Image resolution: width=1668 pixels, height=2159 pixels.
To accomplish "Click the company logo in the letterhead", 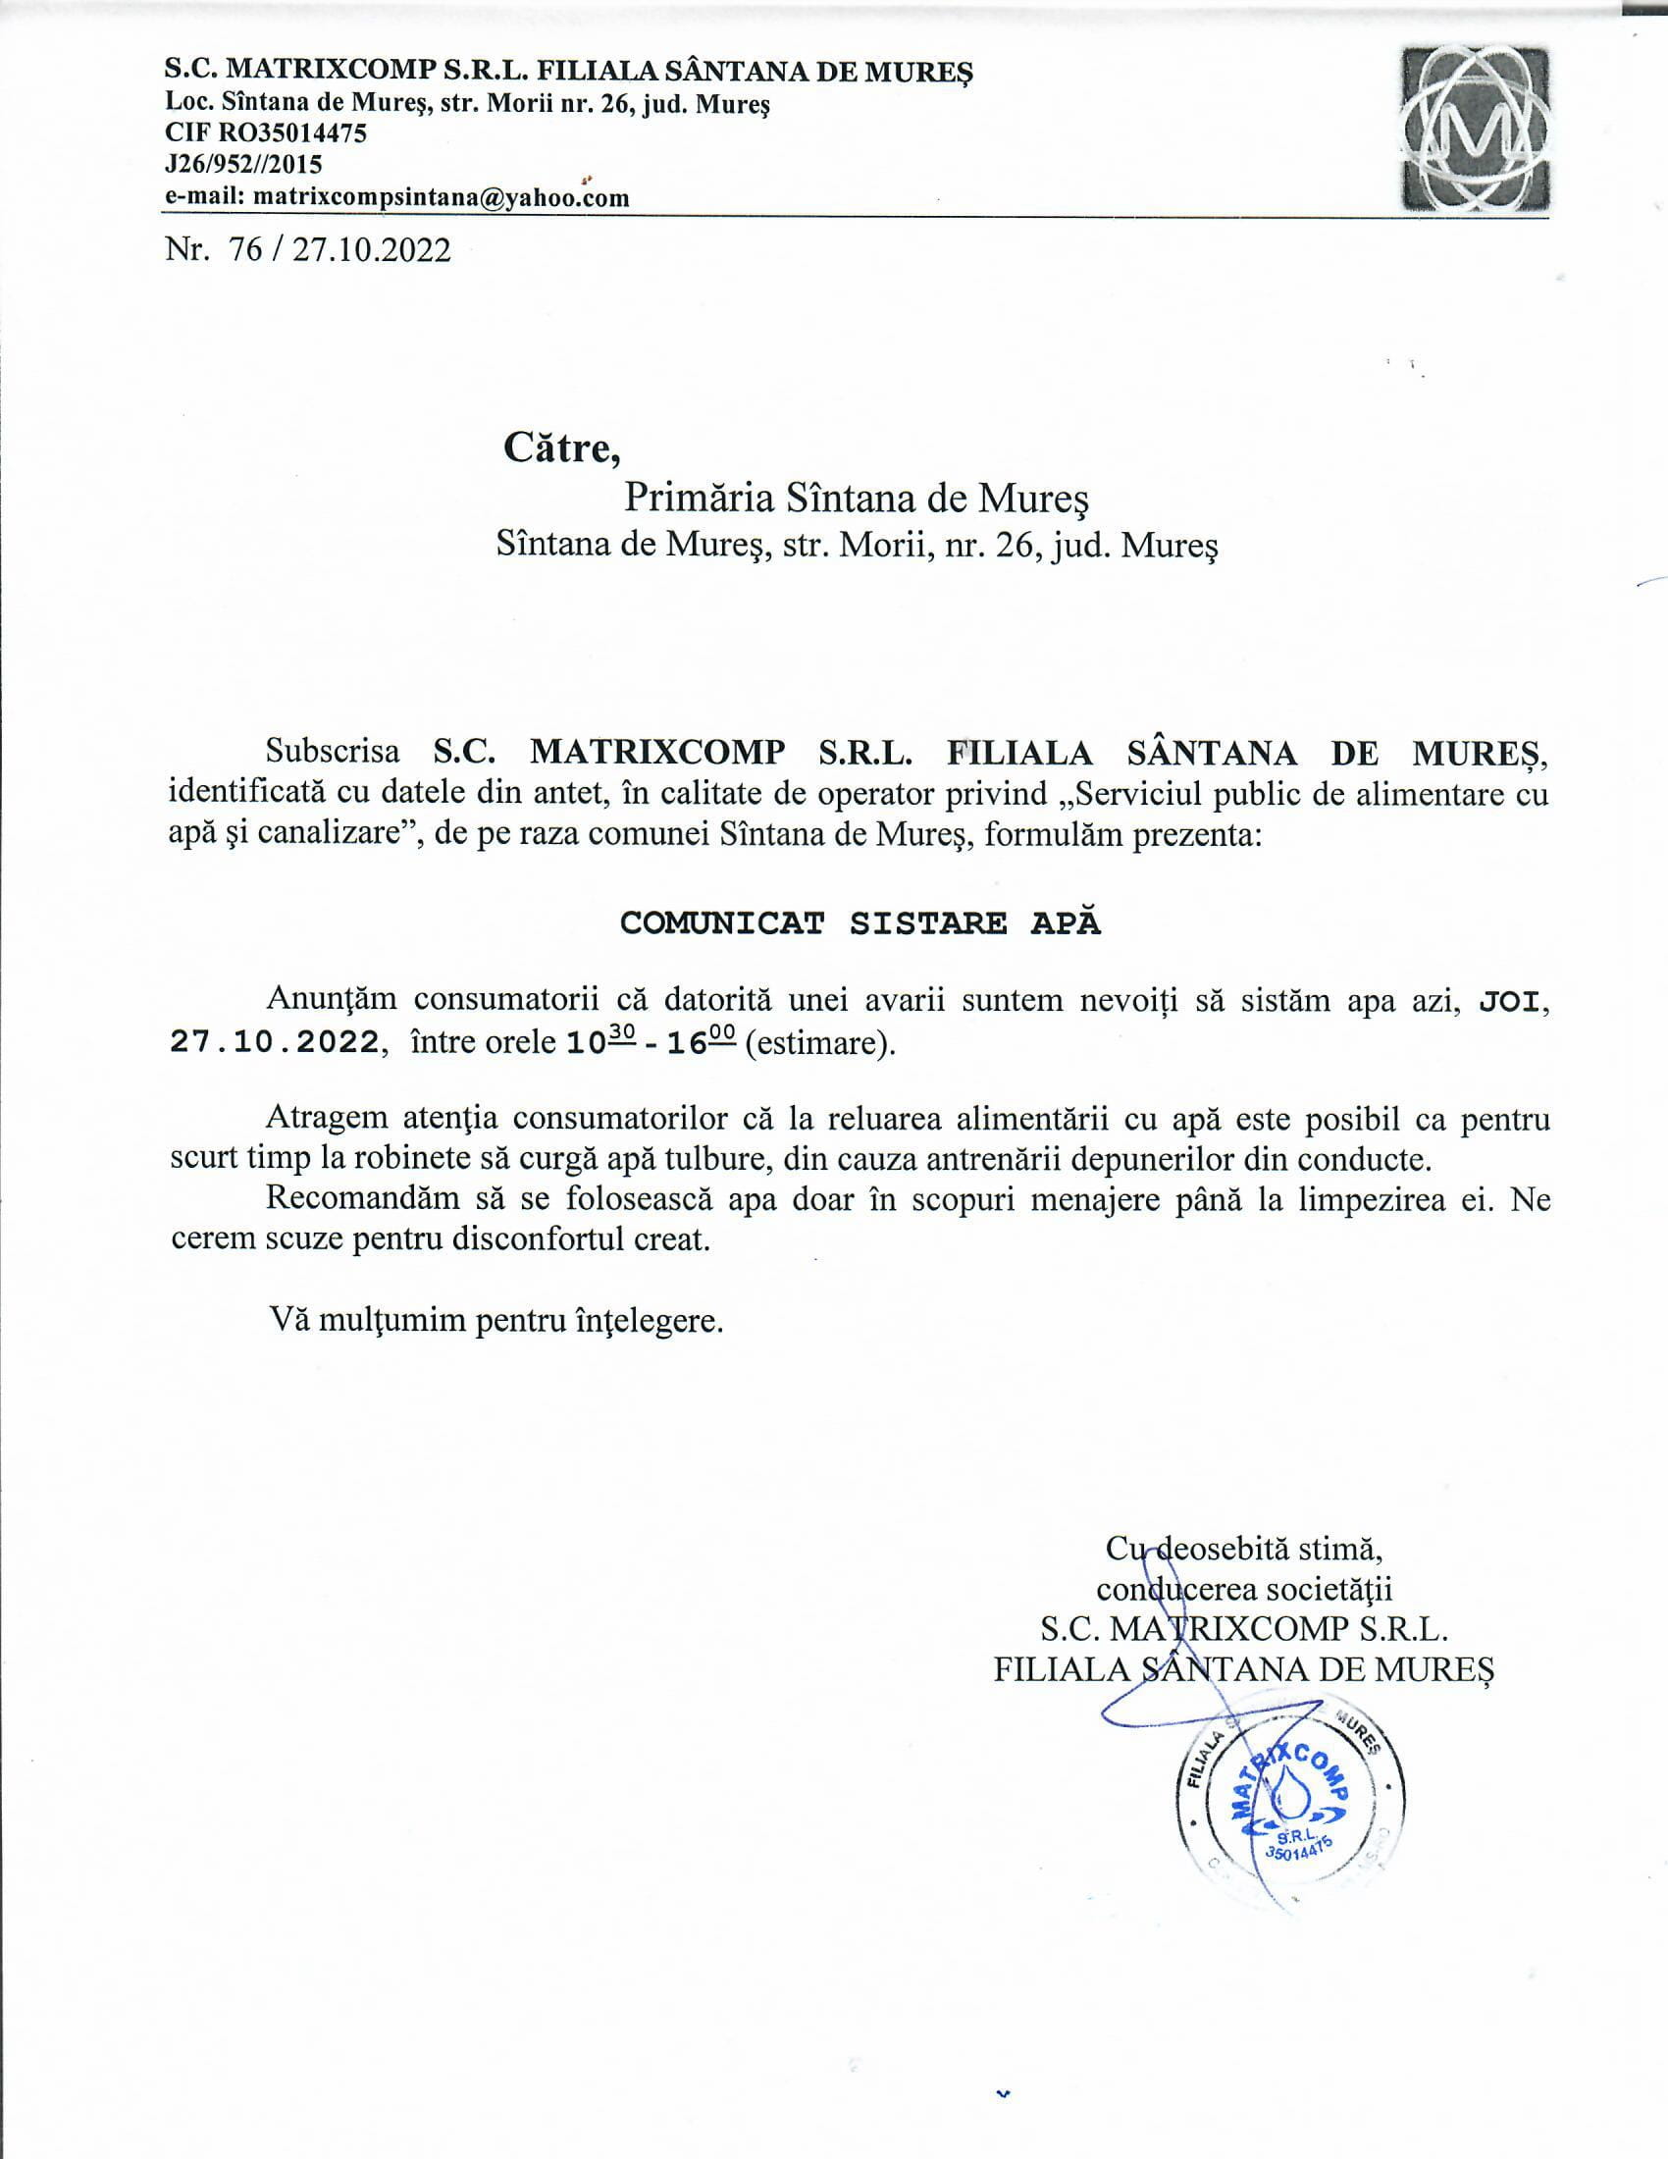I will (1477, 130).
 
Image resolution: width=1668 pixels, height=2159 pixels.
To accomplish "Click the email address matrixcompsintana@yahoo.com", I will (442, 197).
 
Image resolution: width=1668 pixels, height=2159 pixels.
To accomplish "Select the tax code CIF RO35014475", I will (266, 132).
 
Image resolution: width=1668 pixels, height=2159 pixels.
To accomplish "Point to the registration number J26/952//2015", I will (243, 164).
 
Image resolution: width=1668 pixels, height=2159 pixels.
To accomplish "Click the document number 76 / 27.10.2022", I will (339, 250).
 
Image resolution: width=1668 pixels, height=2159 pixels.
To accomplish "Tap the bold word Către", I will (562, 448).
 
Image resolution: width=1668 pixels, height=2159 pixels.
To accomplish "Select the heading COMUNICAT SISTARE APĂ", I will (860, 922).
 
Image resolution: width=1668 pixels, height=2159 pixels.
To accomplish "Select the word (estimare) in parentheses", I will (819, 1044).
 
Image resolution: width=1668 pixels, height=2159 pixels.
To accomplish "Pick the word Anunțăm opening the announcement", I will (332, 999).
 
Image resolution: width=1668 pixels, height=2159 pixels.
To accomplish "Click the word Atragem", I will (326, 1119).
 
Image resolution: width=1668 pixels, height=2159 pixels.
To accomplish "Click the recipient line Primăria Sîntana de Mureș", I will (856, 500).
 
